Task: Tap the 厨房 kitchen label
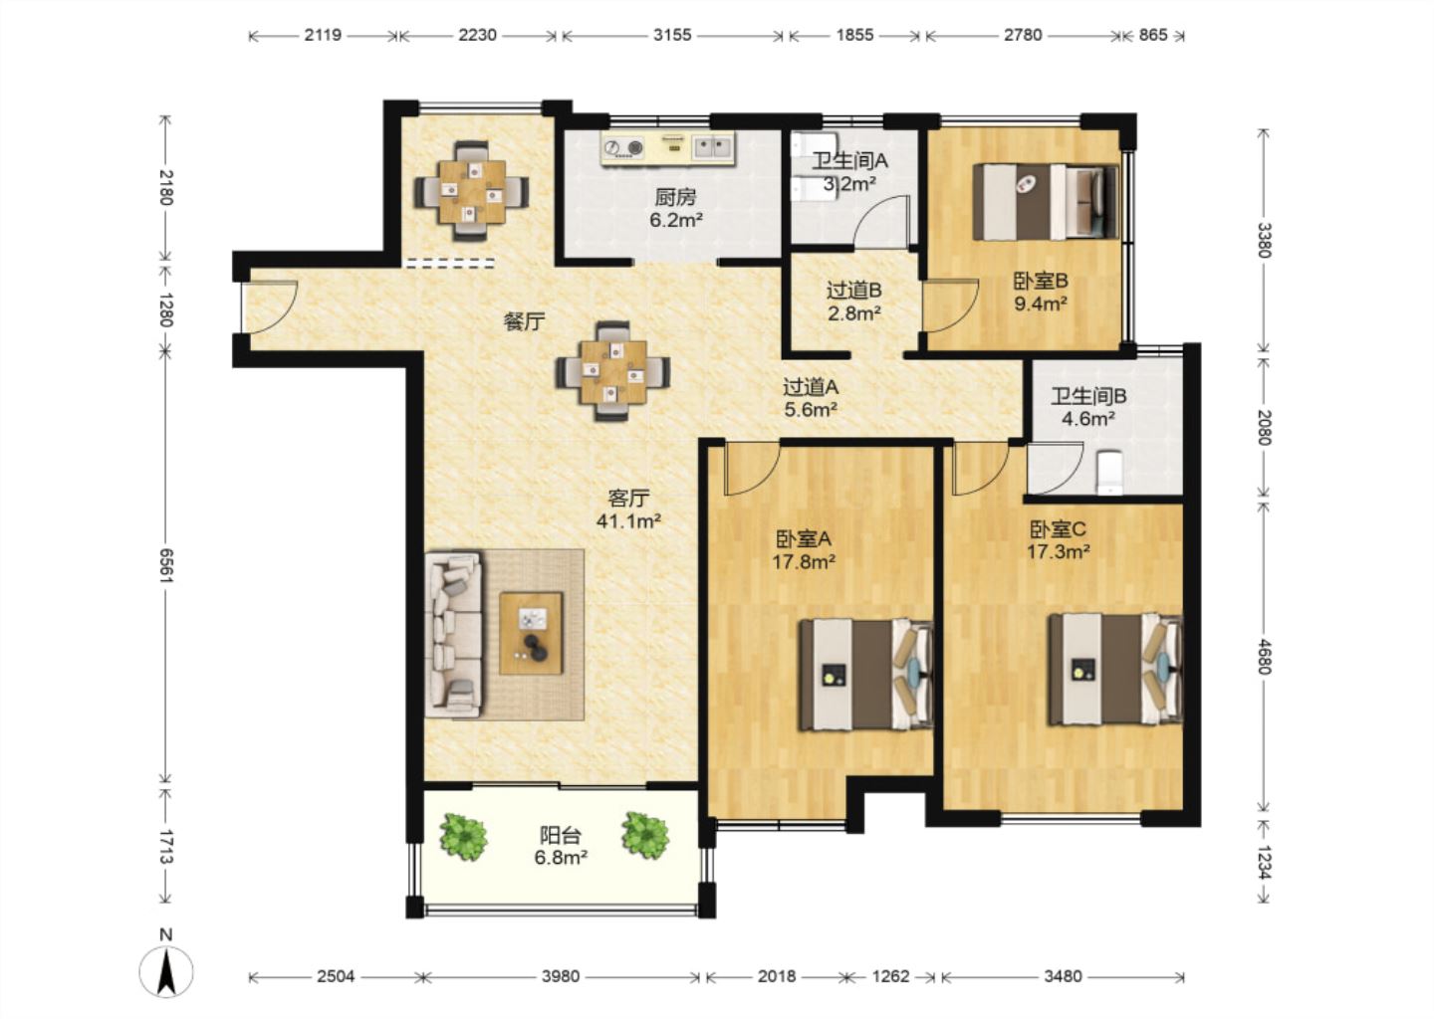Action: click(x=675, y=197)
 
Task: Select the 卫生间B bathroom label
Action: click(x=1088, y=397)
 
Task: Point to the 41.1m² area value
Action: click(x=628, y=521)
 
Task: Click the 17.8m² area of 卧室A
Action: click(x=804, y=561)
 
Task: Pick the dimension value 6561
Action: click(x=165, y=565)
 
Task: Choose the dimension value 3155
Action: click(x=672, y=35)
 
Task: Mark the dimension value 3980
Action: click(x=560, y=977)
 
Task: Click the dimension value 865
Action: click(x=1153, y=35)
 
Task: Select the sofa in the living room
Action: click(x=454, y=635)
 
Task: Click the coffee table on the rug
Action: click(x=532, y=633)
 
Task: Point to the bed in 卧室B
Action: click(x=1047, y=201)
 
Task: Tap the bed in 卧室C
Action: click(x=1114, y=670)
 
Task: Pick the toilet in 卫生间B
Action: click(x=1109, y=473)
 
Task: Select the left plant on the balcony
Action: click(x=463, y=837)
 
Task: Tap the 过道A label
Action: click(x=811, y=387)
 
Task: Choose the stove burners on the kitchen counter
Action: click(x=623, y=148)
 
